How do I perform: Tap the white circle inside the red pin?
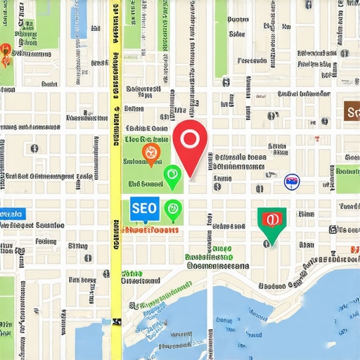(190, 138)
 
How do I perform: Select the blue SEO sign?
(144, 208)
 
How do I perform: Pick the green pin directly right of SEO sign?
(172, 210)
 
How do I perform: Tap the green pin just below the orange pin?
(172, 176)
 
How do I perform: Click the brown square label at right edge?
(352, 110)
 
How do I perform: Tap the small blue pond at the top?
(78, 18)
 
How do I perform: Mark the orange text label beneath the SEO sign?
(150, 230)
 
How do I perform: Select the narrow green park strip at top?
(221, 35)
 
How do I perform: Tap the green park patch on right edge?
(347, 179)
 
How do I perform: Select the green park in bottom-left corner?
(6, 309)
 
